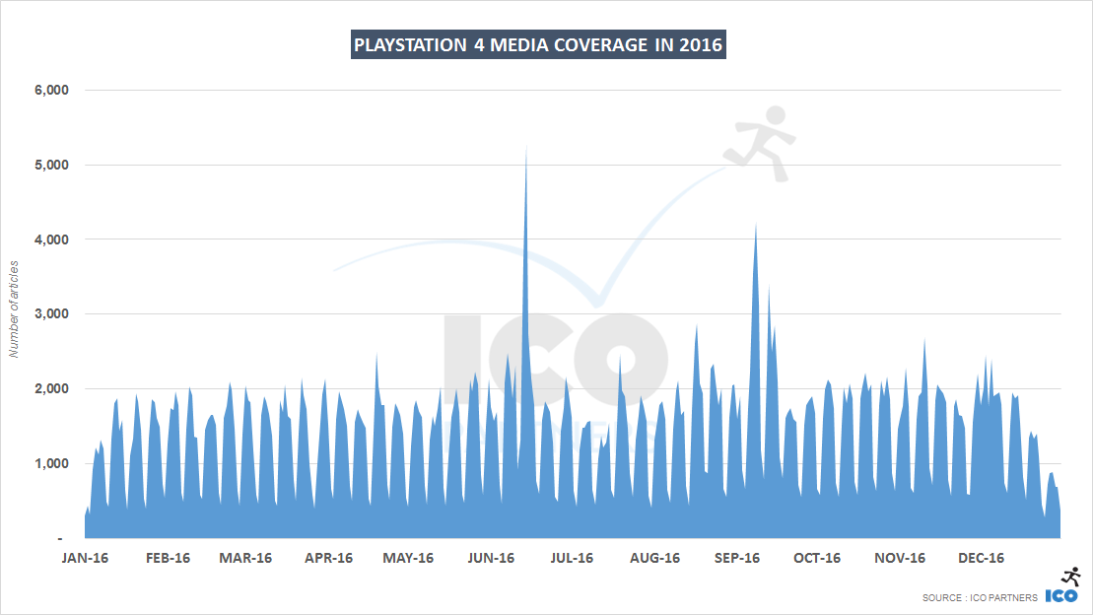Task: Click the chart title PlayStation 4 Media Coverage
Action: tap(538, 45)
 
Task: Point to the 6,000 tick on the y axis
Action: tap(50, 90)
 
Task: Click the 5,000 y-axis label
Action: tap(50, 165)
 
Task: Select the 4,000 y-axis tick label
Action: tap(50, 239)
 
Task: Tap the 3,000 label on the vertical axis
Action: tap(50, 314)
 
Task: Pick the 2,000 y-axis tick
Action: tap(50, 389)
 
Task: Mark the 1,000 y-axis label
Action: tap(50, 464)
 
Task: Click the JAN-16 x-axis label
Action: tap(84, 558)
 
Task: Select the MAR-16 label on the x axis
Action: tap(245, 558)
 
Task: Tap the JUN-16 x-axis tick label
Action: tap(490, 558)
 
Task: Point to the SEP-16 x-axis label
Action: tap(735, 558)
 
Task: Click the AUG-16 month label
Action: tap(654, 558)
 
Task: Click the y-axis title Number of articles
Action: tap(15, 309)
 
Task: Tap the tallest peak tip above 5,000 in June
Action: tap(526, 147)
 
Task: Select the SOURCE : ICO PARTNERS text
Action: tap(980, 597)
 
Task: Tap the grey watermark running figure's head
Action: tap(775, 115)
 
